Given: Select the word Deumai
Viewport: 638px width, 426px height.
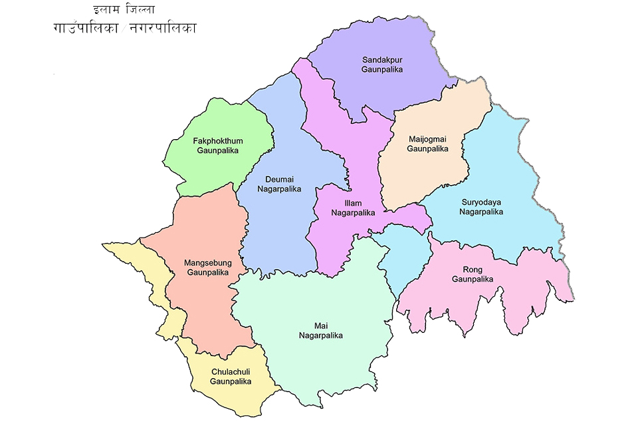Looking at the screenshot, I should coord(279,179).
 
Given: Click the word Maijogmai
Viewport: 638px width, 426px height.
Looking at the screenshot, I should coord(428,139).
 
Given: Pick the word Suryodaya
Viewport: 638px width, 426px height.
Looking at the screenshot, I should coord(481,202).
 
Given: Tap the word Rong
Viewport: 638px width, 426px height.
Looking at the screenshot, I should coord(473,270).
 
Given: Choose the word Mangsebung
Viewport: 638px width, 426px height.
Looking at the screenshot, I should coord(207,263).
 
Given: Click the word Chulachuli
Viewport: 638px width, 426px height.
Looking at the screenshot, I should coord(230,371).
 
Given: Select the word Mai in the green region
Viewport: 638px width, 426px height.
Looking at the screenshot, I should coord(320,325).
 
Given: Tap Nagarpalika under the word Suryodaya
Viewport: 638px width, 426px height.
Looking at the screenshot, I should coord(481,212).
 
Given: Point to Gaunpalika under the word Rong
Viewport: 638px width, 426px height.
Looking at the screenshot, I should coord(473,280).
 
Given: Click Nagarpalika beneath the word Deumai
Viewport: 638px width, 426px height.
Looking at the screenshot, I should coord(279,189).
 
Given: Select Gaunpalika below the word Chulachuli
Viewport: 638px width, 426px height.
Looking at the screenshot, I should coord(230,381).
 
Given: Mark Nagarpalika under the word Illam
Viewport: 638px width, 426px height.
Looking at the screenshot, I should coord(353,213).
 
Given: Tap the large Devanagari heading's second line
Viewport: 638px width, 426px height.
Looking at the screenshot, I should coord(125,29).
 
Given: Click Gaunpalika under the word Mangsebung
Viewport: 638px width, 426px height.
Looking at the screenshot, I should coord(207,273).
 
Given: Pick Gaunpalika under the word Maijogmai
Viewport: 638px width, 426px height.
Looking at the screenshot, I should coord(428,149).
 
